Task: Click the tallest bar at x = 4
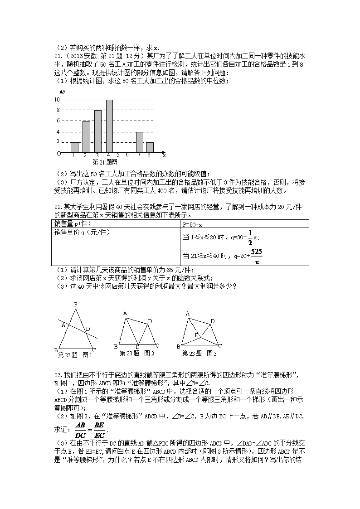(109, 126)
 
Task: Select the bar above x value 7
(140, 142)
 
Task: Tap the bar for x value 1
(74, 147)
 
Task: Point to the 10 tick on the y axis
(57, 99)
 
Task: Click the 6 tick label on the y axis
(58, 121)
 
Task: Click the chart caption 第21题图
(105, 161)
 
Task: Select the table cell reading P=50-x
(192, 224)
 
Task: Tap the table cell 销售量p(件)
(73, 224)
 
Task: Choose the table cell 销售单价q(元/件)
(82, 232)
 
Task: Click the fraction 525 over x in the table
(256, 257)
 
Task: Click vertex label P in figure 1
(76, 304)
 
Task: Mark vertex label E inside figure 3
(196, 335)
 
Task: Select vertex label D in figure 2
(150, 321)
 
